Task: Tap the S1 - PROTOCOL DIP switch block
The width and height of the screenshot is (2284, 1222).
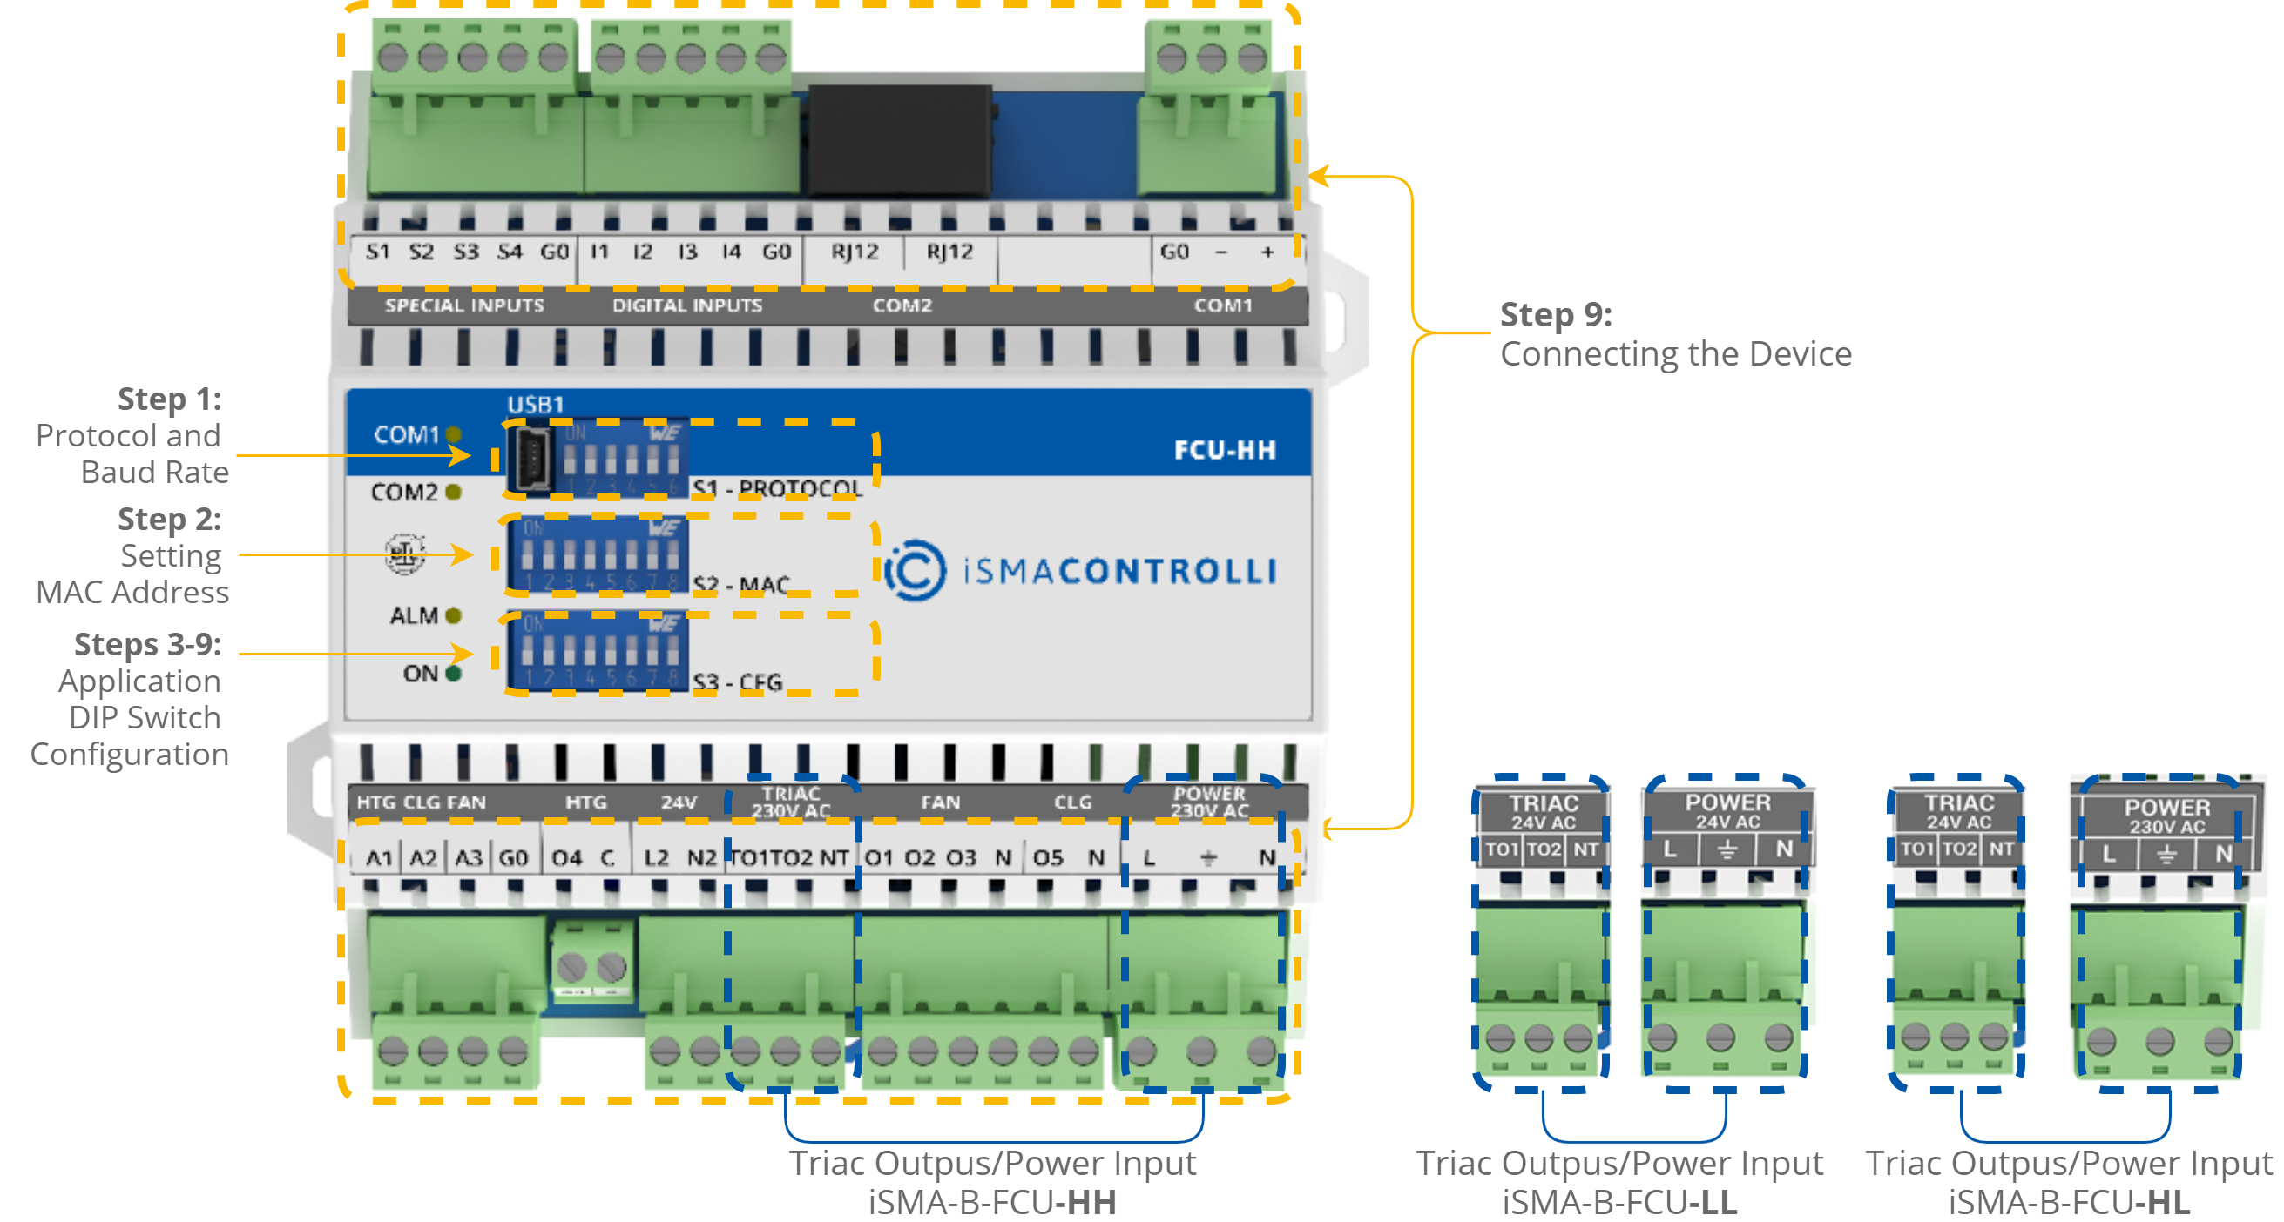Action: pyautogui.click(x=620, y=459)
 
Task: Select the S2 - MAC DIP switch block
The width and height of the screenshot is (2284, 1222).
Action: pyautogui.click(x=598, y=555)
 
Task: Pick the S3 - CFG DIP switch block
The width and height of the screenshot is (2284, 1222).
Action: pyautogui.click(x=598, y=651)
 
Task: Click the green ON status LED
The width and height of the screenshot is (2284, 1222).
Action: pyautogui.click(x=454, y=674)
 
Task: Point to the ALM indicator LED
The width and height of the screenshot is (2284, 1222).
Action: pyautogui.click(x=454, y=615)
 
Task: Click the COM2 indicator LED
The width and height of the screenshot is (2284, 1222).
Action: pyautogui.click(x=454, y=492)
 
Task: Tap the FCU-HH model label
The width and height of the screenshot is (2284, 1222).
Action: pyautogui.click(x=1225, y=450)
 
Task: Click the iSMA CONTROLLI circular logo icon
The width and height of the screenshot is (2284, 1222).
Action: pyautogui.click(x=915, y=571)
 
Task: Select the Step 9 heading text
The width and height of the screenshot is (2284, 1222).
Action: pyautogui.click(x=1555, y=314)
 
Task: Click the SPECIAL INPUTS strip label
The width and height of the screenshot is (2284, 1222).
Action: pyautogui.click(x=463, y=305)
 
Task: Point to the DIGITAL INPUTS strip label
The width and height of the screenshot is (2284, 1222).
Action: pyautogui.click(x=687, y=305)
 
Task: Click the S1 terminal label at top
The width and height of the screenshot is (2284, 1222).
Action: pyautogui.click(x=378, y=252)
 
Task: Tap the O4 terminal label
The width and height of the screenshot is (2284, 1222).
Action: pyautogui.click(x=566, y=858)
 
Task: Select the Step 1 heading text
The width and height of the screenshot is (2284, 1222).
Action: pyautogui.click(x=169, y=399)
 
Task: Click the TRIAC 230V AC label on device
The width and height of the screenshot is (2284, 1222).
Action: pyautogui.click(x=790, y=802)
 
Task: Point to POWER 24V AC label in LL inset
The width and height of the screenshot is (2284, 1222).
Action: pyautogui.click(x=1727, y=811)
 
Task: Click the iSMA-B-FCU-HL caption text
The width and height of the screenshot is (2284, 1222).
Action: pyautogui.click(x=2069, y=1203)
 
